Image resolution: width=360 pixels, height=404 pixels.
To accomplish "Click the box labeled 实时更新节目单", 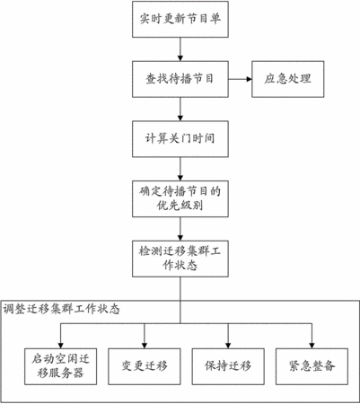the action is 180,20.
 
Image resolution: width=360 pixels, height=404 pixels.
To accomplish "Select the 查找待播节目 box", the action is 180,79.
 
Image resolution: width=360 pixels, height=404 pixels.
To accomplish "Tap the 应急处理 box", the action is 288,79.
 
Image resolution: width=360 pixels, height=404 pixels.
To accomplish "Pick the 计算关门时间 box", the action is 180,139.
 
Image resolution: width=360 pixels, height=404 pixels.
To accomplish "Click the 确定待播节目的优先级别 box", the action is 180,199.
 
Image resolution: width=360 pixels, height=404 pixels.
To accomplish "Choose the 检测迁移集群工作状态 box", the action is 180,259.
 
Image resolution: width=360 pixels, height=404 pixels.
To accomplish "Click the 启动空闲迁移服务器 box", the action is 60,366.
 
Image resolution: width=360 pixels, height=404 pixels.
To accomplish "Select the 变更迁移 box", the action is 145,366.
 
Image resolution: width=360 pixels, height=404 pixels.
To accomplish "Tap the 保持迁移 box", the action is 228,366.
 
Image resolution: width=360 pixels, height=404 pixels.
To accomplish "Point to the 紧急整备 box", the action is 312,366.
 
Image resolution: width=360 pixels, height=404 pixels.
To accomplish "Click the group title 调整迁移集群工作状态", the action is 62,309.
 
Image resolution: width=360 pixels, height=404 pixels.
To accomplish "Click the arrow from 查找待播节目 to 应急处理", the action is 240,79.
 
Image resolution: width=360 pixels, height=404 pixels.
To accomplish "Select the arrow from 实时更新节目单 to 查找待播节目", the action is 180,49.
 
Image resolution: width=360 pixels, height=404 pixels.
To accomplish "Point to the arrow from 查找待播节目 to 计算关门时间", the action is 180,110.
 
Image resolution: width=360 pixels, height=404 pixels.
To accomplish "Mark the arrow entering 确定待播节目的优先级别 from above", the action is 180,169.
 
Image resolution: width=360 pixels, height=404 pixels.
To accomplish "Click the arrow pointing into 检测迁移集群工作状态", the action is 180,229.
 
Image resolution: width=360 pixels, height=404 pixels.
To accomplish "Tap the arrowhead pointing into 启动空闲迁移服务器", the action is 60,346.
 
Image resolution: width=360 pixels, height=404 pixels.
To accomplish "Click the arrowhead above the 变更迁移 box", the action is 145,346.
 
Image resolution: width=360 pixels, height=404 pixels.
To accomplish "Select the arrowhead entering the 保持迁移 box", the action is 228,346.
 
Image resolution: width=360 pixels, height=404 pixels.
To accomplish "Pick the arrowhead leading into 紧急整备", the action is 312,346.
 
